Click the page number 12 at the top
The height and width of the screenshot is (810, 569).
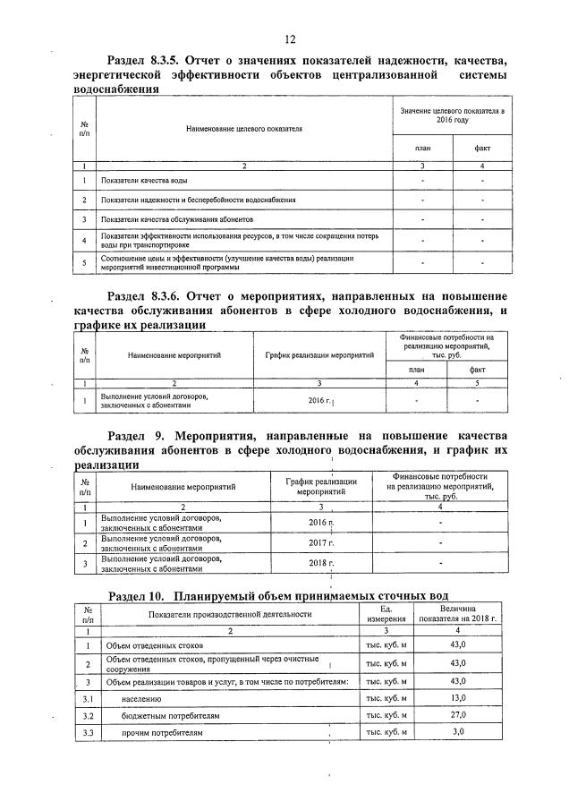point(290,38)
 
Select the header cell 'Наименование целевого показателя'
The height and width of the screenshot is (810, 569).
point(243,128)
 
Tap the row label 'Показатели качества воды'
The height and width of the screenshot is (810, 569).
point(143,182)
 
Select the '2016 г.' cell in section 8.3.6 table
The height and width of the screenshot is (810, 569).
point(319,400)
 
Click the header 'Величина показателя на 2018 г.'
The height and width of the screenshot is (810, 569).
point(458,614)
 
